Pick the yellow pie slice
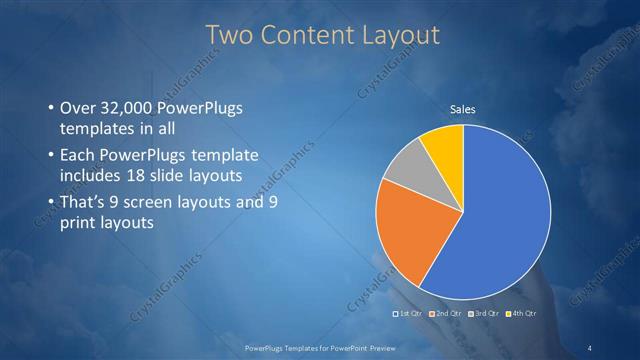point(444,144)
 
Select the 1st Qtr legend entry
point(407,314)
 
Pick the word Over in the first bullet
point(80,106)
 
